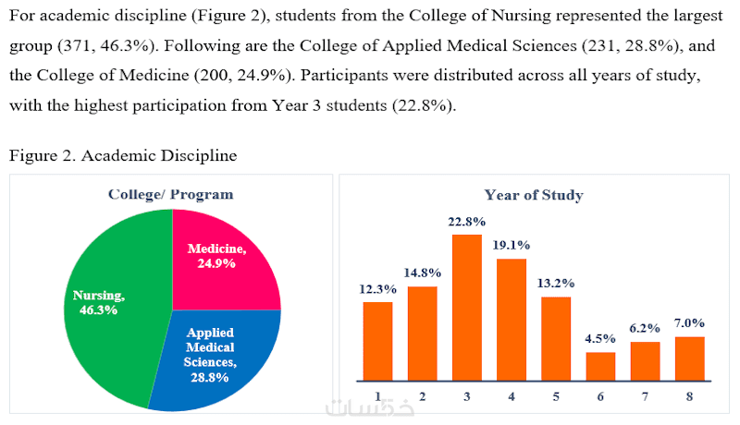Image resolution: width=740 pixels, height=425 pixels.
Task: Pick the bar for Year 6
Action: (x=600, y=366)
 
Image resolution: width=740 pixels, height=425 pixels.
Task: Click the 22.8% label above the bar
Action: (x=466, y=222)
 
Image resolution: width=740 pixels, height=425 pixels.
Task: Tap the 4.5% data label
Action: (x=600, y=338)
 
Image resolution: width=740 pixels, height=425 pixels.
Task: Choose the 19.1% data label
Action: (x=511, y=246)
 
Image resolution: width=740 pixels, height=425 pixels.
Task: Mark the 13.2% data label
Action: (x=556, y=283)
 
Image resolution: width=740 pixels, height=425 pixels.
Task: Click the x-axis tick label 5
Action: (x=556, y=396)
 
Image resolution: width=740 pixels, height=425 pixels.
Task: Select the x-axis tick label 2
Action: (x=422, y=396)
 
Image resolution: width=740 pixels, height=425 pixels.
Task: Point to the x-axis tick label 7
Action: (x=645, y=396)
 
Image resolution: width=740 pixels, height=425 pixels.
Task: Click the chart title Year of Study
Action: (x=534, y=195)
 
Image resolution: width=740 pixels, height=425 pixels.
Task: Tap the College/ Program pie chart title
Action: (x=171, y=194)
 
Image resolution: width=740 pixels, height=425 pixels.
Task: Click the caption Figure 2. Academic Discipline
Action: (x=123, y=156)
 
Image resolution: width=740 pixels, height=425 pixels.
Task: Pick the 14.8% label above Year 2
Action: (x=422, y=273)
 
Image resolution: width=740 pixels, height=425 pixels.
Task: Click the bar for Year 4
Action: (x=511, y=320)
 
